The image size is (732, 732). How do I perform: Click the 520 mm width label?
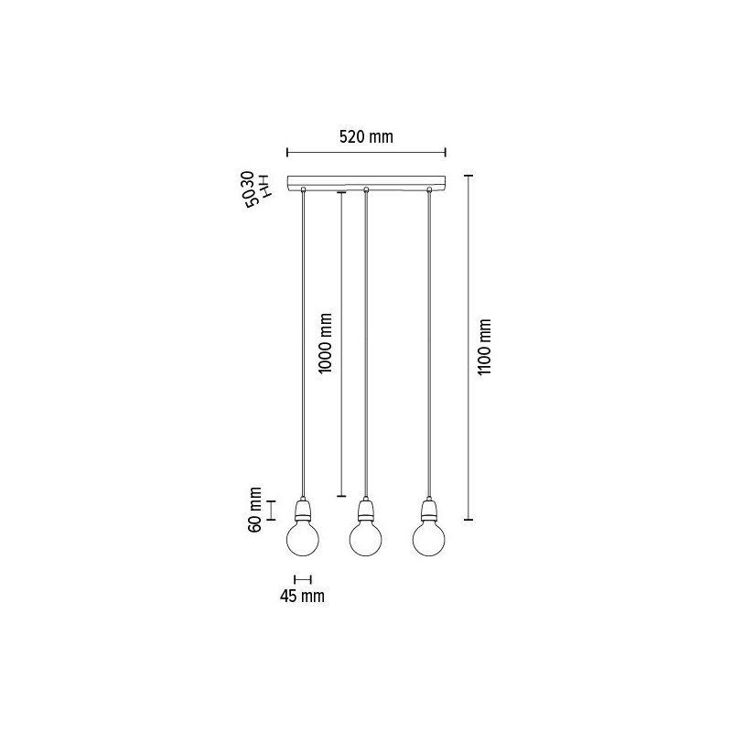pos(366,137)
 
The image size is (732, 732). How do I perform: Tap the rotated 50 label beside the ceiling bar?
pos(249,200)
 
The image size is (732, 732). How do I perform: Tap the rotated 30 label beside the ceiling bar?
pos(247,178)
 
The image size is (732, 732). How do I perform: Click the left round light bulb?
pos(303,538)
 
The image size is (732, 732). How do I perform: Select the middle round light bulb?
pos(366,538)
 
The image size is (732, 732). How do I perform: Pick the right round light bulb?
pos(428,538)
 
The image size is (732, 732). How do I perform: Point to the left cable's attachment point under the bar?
pos(303,189)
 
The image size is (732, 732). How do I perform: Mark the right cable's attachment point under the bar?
pos(428,189)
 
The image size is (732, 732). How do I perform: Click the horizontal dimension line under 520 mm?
pos(366,153)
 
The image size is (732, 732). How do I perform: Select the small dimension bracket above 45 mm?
pos(303,578)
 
